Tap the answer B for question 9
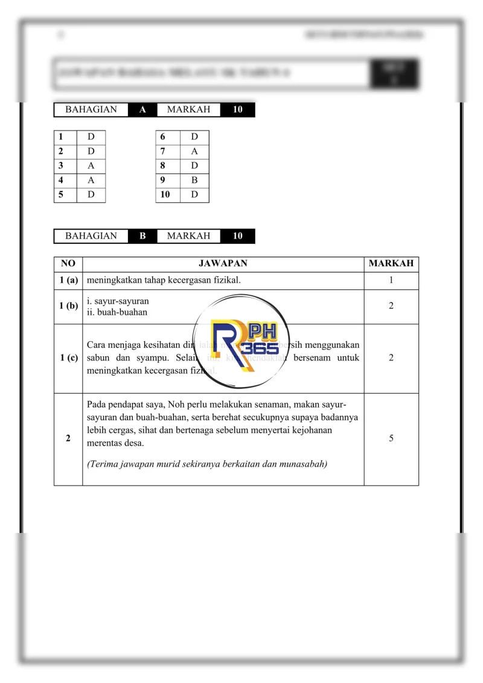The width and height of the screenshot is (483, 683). pyautogui.click(x=194, y=180)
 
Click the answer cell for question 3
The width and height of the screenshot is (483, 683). pyautogui.click(x=91, y=165)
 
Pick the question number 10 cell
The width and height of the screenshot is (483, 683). pyautogui.click(x=167, y=194)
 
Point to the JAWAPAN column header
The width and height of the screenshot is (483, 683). pyautogui.click(x=223, y=264)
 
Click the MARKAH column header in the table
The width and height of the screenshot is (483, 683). pyautogui.click(x=391, y=264)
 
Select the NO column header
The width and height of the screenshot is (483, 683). pyautogui.click(x=68, y=264)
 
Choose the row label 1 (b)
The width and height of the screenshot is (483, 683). pyautogui.click(x=68, y=306)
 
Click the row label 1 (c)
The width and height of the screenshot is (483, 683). pyautogui.click(x=68, y=358)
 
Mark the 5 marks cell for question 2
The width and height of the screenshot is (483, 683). pyautogui.click(x=391, y=438)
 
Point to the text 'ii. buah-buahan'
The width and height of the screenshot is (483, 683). pyautogui.click(x=117, y=312)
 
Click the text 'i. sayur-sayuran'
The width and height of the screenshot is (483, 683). pyautogui.click(x=118, y=301)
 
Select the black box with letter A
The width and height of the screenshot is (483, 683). pyautogui.click(x=142, y=110)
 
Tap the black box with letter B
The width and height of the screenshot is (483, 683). pyautogui.click(x=142, y=236)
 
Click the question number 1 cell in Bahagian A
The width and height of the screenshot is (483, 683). pyautogui.click(x=65, y=137)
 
